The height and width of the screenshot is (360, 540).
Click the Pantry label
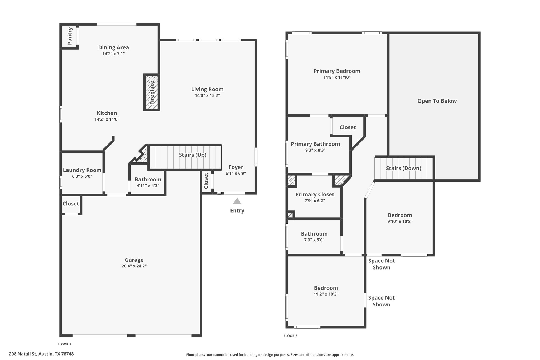70,36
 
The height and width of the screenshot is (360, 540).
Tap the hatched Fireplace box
152,92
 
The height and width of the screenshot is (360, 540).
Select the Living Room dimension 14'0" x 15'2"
208,95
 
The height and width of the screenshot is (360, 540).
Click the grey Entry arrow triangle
237,201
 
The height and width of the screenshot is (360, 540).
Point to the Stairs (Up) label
193,155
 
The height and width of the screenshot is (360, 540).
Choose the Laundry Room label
82,170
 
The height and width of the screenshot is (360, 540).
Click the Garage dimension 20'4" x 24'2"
134,266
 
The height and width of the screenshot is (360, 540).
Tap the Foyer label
236,167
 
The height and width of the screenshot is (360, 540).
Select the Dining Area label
114,47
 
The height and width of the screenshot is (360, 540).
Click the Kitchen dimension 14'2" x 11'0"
107,119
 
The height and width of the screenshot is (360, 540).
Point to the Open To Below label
437,101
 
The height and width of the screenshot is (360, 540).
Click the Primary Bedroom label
337,71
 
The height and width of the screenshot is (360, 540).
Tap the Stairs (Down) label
404,168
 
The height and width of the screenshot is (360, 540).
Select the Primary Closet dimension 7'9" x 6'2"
315,201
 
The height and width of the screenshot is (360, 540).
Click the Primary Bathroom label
315,144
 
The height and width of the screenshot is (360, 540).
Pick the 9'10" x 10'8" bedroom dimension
400,222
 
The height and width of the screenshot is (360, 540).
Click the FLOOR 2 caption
290,336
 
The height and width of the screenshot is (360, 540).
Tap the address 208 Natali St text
23,354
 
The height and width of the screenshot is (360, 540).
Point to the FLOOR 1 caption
64,344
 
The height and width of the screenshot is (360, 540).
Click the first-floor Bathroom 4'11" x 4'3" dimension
148,186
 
